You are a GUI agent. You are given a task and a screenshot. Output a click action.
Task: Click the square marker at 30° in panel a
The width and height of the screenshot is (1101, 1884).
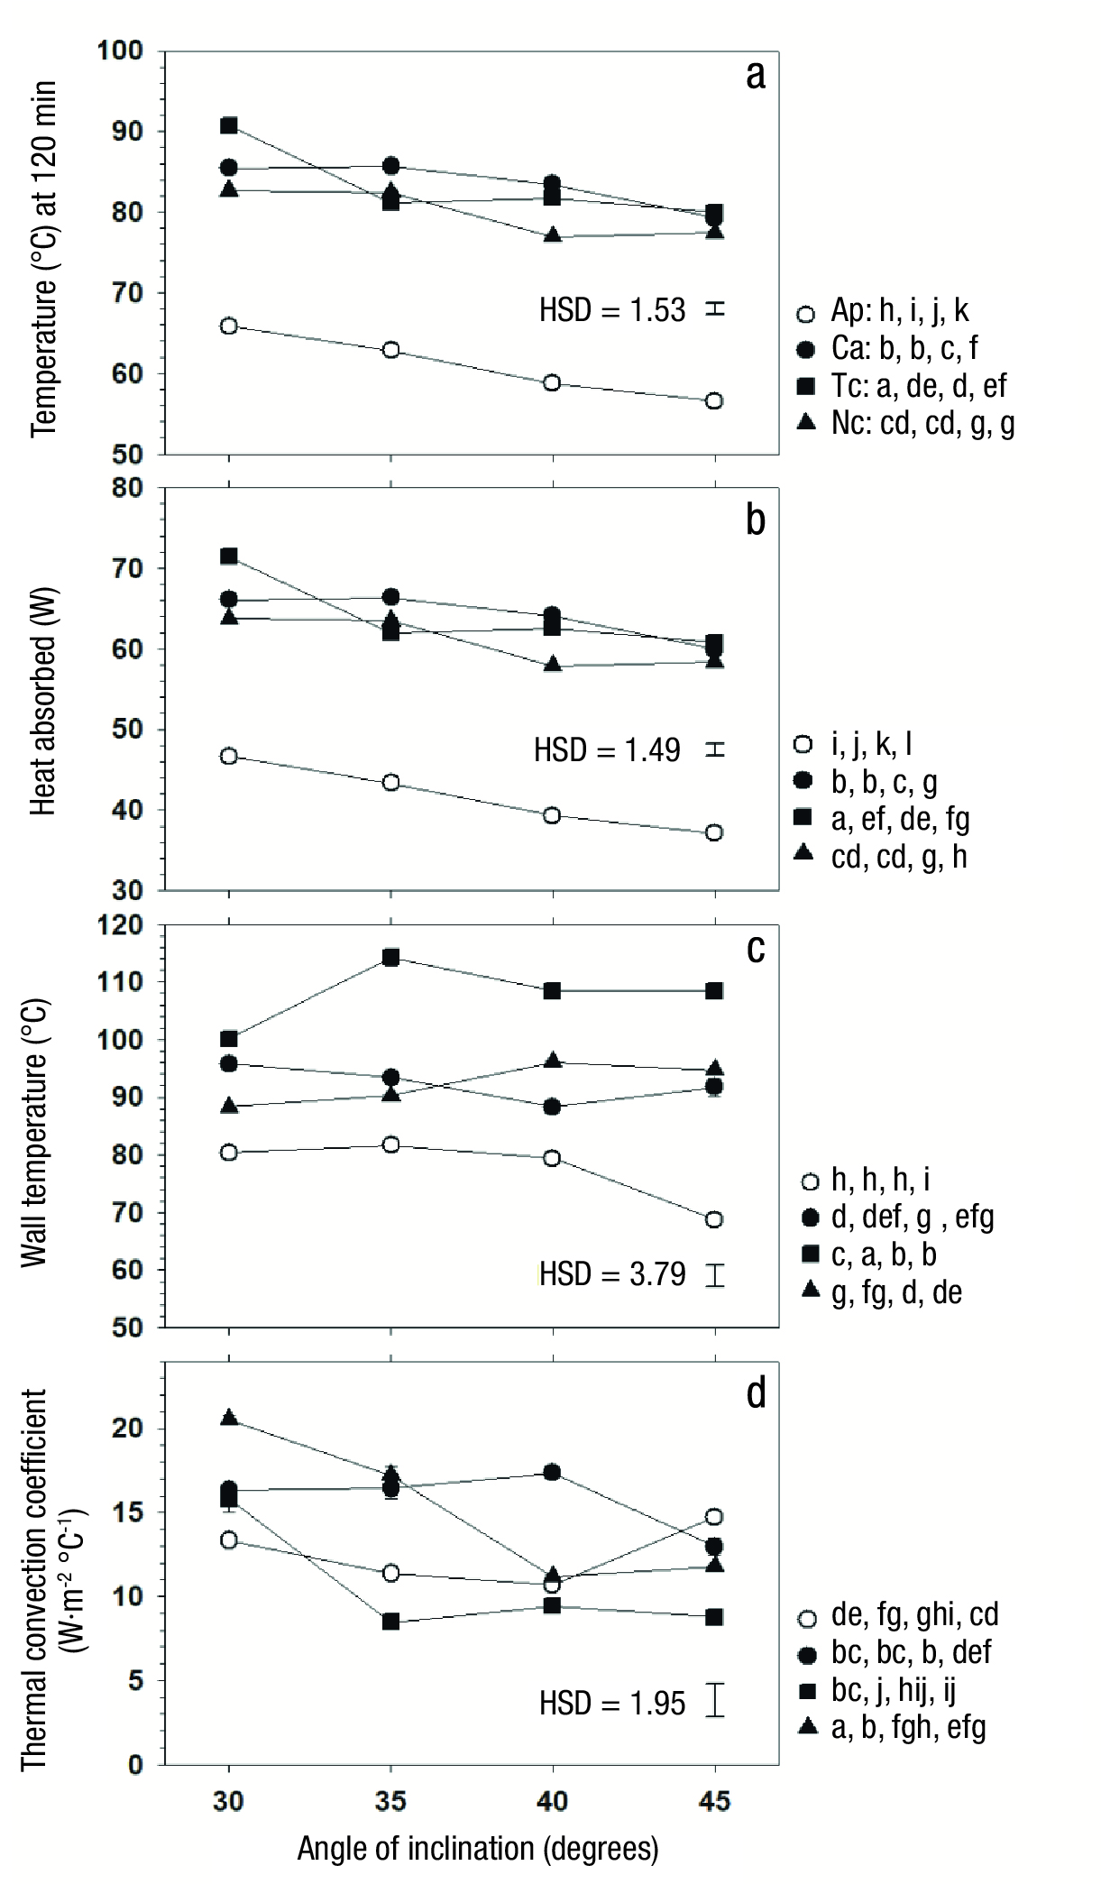[229, 125]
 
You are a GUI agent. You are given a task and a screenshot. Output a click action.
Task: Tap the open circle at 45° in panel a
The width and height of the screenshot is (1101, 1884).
[714, 400]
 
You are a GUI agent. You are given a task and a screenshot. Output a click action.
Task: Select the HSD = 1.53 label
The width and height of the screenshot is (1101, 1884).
[612, 310]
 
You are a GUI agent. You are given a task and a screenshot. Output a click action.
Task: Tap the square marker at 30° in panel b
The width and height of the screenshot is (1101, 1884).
[229, 556]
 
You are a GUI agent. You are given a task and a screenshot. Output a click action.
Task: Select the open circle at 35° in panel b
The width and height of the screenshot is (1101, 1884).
[390, 782]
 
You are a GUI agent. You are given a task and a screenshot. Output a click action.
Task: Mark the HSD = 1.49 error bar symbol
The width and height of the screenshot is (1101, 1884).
[715, 749]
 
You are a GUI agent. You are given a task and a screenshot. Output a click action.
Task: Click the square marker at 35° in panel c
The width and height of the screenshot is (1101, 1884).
[390, 957]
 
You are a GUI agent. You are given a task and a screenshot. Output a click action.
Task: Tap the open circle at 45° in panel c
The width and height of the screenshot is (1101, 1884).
[714, 1219]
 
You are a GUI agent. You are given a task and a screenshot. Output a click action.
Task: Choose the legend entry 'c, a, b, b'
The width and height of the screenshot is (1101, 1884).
[883, 1254]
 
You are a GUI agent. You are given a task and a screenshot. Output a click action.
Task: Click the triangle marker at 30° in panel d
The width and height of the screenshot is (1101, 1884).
[229, 1418]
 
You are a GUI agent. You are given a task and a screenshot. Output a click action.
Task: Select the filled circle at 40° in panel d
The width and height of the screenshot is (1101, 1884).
[552, 1473]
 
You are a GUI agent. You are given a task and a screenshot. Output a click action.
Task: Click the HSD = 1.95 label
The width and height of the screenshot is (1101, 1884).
[612, 1703]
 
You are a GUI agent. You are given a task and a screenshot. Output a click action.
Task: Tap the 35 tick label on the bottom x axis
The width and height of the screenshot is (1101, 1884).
[390, 1802]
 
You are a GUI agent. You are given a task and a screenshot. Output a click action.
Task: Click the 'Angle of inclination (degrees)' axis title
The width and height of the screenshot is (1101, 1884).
[478, 1849]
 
